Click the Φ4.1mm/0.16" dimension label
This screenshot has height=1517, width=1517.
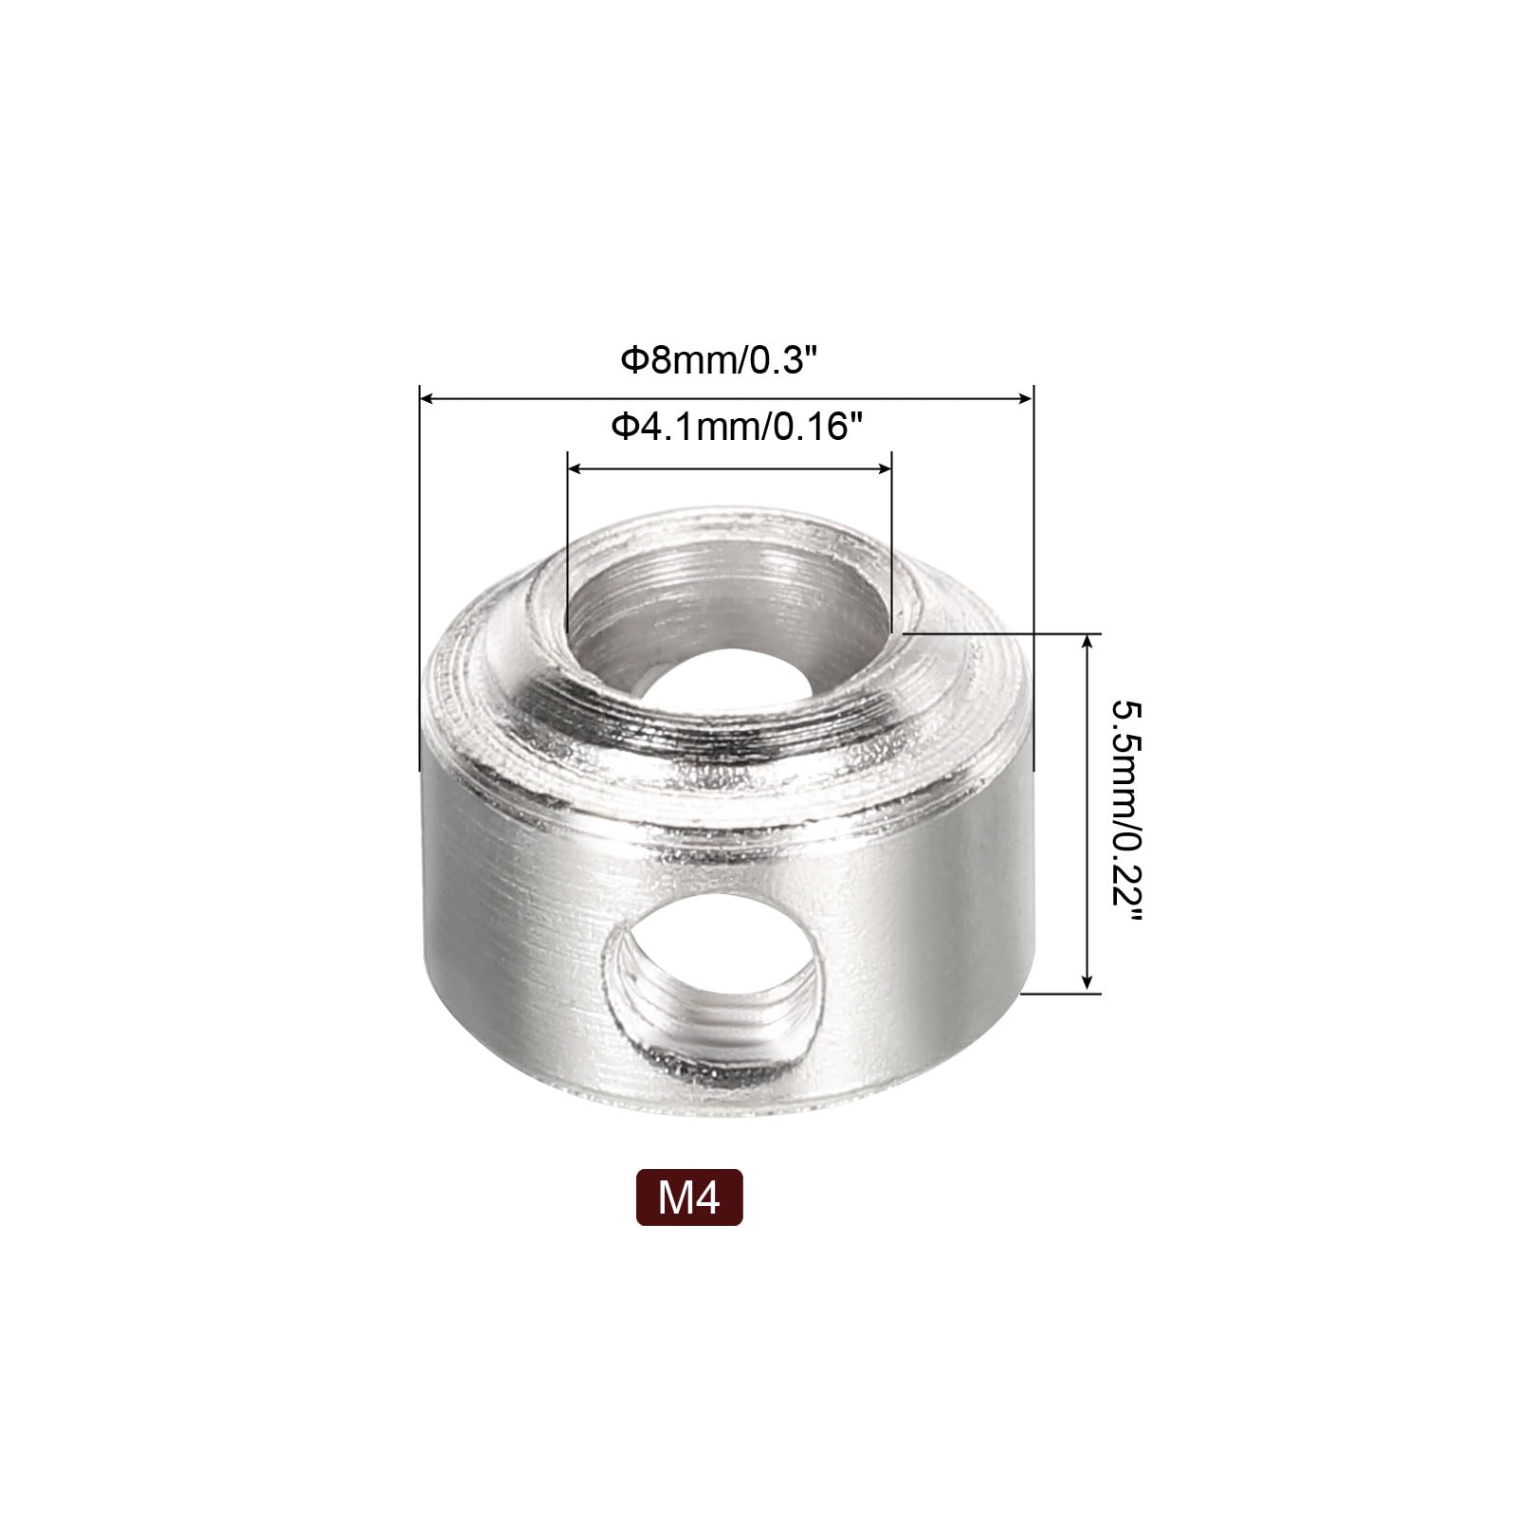click(727, 428)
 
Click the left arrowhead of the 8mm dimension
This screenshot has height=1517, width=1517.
click(426, 399)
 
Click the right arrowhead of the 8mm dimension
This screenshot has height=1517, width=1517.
click(1026, 399)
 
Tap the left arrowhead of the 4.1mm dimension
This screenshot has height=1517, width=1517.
click(574, 468)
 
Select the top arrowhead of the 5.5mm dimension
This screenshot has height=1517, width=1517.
click(1087, 642)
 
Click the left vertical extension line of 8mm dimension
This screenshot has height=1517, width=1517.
click(418, 569)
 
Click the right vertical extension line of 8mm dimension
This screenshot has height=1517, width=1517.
click(1033, 569)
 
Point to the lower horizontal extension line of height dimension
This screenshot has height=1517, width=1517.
click(1062, 994)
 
